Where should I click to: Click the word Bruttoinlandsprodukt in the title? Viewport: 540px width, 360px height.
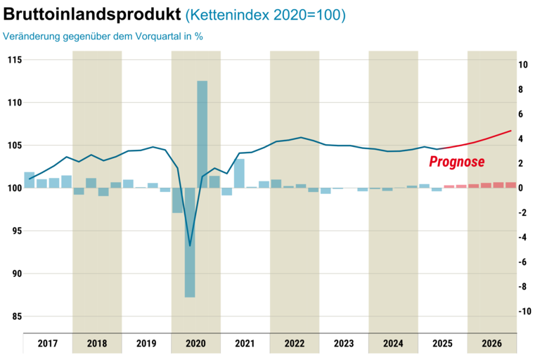click(91, 15)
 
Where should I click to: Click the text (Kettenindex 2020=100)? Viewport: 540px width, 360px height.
click(266, 15)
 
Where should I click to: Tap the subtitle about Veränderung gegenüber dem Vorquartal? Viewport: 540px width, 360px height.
click(103, 36)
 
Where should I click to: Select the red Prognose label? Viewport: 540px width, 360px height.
click(457, 162)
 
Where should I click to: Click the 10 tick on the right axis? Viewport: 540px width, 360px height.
click(523, 65)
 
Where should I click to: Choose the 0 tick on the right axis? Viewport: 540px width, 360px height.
click(520, 188)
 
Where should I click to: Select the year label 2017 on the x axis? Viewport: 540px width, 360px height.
click(48, 344)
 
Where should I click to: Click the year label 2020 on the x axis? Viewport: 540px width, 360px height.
click(195, 344)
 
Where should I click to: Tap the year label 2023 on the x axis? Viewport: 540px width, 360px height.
click(344, 344)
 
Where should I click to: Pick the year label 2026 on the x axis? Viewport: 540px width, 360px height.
click(492, 344)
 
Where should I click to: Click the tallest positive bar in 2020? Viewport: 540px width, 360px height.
click(202, 134)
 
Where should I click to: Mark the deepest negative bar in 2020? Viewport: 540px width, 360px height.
click(190, 243)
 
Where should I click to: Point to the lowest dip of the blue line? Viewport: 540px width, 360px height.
click(190, 246)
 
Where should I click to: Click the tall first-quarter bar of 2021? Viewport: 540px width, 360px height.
click(239, 173)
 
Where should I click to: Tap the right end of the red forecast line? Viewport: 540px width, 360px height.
click(510, 131)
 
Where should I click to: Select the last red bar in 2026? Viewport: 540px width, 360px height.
click(510, 185)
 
